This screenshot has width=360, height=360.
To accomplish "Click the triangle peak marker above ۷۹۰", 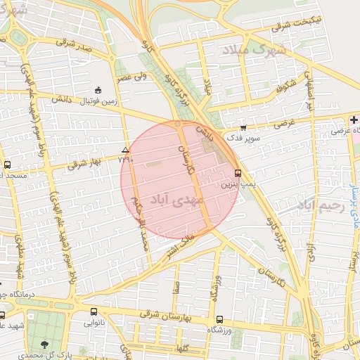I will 126,150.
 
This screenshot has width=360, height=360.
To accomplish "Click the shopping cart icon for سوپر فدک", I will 243,128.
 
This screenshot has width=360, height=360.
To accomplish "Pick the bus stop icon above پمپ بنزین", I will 238,172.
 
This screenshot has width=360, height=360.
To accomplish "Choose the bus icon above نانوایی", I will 94,311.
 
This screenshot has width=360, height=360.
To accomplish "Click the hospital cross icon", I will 353,120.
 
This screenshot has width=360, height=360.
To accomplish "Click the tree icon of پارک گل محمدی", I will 45,345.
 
